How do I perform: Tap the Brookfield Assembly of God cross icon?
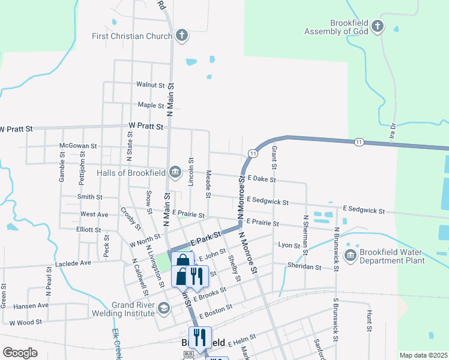click(377, 26)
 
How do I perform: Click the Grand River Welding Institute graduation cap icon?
click(163, 308)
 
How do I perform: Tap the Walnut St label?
click(150, 85)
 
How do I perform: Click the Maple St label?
click(151, 105)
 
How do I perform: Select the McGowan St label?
click(78, 146)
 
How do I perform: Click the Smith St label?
click(90, 197)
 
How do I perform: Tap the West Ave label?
click(94, 214)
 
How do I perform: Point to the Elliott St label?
click(89, 230)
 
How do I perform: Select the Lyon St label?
click(289, 245)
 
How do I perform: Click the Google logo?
click(20, 353)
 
